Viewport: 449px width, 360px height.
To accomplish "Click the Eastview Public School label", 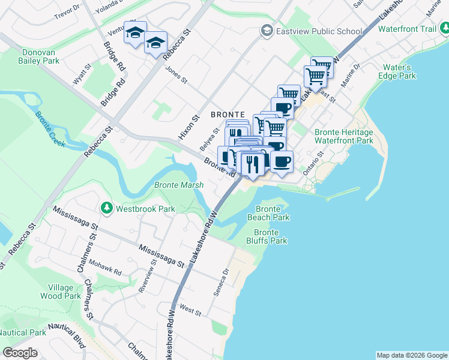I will (319, 31).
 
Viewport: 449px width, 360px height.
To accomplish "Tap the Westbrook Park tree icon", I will (107, 208).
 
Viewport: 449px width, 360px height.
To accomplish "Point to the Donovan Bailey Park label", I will (38, 56).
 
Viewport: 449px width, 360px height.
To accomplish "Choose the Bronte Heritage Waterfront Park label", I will (343, 136).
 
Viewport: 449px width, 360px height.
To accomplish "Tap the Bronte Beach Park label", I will (268, 213).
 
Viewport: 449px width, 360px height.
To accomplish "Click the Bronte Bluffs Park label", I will (270, 236).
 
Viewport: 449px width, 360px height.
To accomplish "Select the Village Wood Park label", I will (60, 292).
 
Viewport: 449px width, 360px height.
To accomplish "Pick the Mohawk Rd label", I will (105, 268).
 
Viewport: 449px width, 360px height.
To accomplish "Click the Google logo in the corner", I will (19, 353).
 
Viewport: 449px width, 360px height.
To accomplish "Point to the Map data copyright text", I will (411, 355).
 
